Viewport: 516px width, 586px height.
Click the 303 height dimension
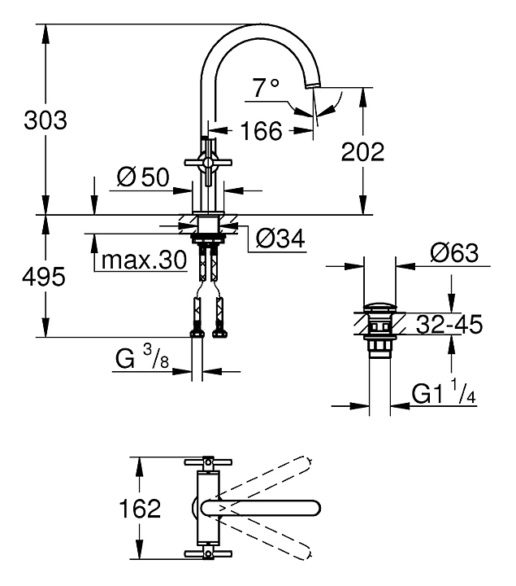tap(46, 120)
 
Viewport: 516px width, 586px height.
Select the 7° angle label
tap(265, 88)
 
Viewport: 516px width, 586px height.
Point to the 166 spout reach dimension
tap(261, 130)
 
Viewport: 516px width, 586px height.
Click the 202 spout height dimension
tap(363, 151)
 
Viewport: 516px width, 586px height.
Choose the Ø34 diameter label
tap(280, 238)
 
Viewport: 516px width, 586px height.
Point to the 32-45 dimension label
tap(449, 325)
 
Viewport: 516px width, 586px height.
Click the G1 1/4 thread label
tap(444, 395)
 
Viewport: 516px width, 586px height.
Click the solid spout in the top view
tap(260, 507)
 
